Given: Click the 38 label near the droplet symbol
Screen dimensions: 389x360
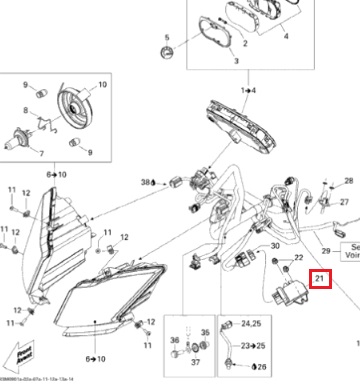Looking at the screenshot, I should click(x=146, y=183).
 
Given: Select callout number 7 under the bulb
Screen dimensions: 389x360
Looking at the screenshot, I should click(x=40, y=154).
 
